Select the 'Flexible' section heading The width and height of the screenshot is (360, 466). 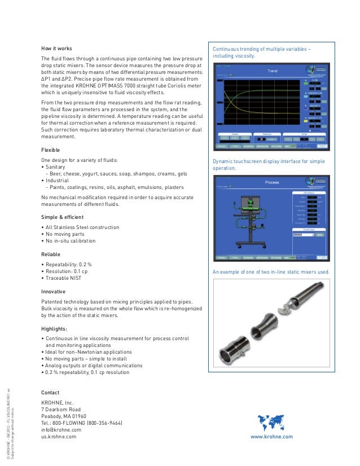point(51,151)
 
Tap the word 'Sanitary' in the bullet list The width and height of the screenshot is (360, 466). point(57,168)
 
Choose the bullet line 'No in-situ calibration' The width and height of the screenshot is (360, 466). point(71,241)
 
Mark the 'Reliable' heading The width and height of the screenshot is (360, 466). point(51,254)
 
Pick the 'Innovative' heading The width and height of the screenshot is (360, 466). point(54,292)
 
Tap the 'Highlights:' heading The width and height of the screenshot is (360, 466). point(55,328)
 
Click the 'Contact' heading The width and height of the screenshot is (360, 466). point(51,393)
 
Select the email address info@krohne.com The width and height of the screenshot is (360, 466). point(62,429)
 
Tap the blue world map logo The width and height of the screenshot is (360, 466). point(273,423)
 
